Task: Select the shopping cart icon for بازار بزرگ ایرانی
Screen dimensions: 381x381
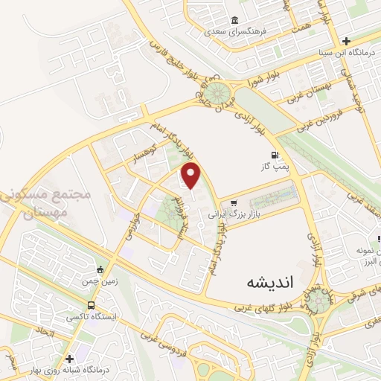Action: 234,202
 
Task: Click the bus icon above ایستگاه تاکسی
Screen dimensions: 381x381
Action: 91,305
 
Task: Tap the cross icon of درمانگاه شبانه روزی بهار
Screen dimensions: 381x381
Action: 69,358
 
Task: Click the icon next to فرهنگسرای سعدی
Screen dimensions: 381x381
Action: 234,20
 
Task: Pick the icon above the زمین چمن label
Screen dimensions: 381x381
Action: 101,269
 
